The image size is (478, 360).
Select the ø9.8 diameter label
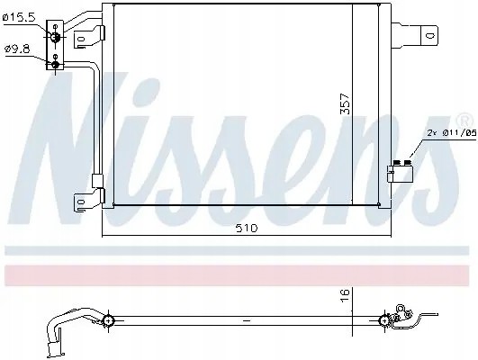[18, 48]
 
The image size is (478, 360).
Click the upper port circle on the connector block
[56, 34]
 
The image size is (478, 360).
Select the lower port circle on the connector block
[56, 63]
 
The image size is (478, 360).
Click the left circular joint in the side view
[108, 319]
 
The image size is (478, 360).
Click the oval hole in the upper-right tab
[429, 36]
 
